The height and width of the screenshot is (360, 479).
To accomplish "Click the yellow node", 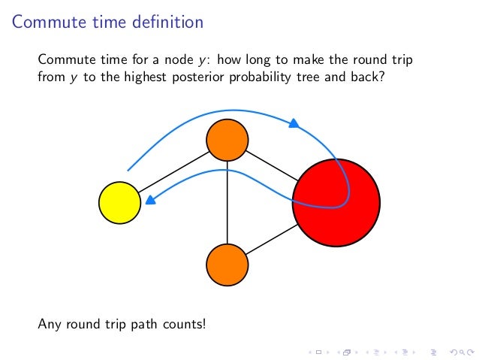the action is (120, 203).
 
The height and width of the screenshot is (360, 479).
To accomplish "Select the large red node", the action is (336, 202).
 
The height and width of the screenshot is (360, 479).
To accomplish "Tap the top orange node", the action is (227, 140).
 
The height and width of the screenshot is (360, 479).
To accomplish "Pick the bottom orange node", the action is (227, 265).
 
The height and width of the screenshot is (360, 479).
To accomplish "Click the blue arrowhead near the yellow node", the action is (150, 201).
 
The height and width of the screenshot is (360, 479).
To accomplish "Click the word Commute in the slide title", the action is (44, 23).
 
